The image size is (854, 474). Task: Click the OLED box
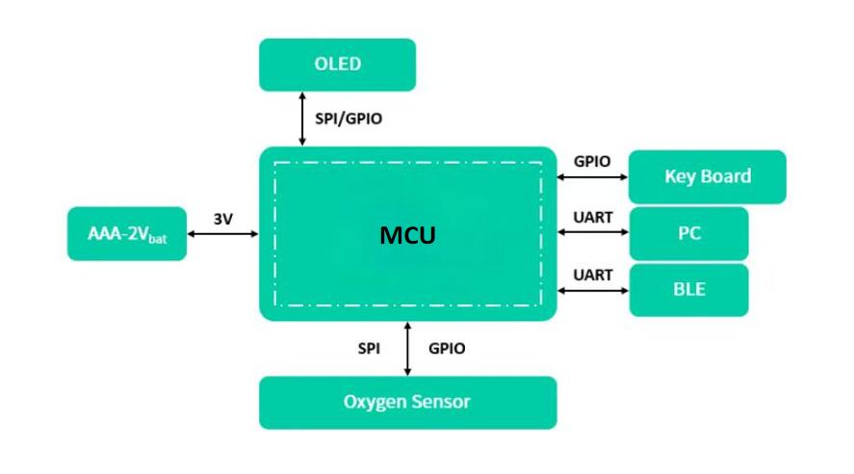337,65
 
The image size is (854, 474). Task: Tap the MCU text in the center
407,234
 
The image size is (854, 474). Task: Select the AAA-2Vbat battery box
126,233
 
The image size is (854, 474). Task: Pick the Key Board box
707,176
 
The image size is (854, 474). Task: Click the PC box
688,233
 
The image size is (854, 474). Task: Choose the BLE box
688,289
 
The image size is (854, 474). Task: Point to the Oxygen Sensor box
407,402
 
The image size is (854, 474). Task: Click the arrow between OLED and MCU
302,118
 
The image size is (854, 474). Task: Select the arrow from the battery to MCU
222,233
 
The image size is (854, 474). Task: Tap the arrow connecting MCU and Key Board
592,177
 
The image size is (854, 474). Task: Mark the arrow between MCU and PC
592,233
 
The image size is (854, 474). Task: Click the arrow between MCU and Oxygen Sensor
408,348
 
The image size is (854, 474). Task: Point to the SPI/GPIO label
354,119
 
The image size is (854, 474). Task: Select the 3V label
222,219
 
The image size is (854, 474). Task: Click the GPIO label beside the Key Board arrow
592,161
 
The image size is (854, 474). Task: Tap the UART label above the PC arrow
592,218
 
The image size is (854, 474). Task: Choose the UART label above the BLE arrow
592,275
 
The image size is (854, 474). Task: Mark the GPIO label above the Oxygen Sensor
447,349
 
